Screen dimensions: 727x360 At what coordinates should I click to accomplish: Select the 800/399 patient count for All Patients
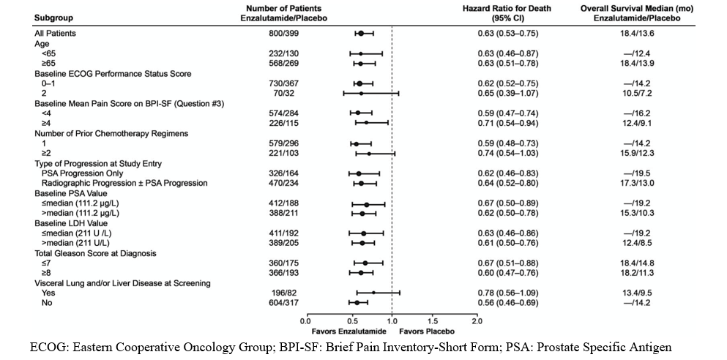coord(284,34)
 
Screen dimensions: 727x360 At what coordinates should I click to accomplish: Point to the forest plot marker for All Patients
coord(361,34)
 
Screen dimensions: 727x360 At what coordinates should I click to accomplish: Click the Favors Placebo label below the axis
coord(427,331)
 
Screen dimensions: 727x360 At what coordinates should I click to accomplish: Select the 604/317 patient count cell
coord(284,302)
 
